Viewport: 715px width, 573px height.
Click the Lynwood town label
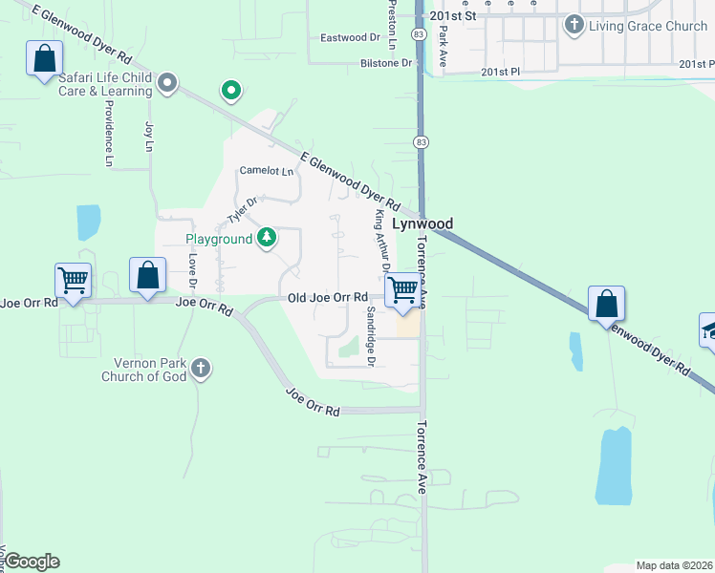(x=422, y=223)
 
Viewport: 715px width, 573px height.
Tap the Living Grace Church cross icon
(x=574, y=25)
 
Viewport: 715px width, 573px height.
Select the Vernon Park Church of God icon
(x=200, y=368)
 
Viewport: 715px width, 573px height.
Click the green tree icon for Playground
(x=267, y=237)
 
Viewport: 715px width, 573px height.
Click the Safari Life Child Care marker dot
(x=167, y=83)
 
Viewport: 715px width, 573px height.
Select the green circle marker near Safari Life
(x=230, y=92)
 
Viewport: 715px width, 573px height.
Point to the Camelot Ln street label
(x=266, y=171)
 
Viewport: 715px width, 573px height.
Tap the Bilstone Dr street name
(x=386, y=63)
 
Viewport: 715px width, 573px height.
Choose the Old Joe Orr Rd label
(x=328, y=298)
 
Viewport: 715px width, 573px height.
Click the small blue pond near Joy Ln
(x=88, y=222)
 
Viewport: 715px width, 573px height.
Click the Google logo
(x=32, y=562)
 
